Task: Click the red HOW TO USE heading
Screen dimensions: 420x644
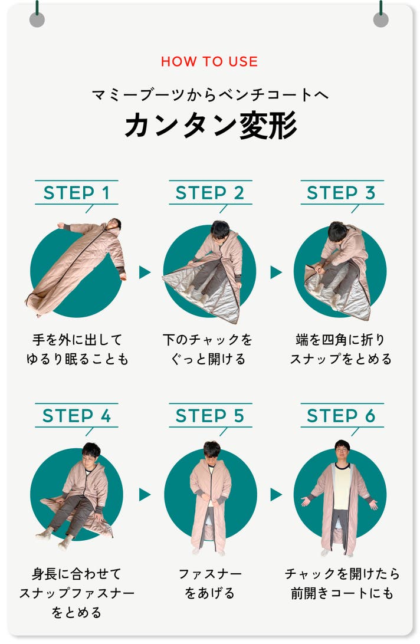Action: [x=209, y=61]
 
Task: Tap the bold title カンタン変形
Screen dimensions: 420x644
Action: [x=211, y=126]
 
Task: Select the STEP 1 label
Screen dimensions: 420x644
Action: [x=77, y=193]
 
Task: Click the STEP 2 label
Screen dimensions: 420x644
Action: [x=210, y=193]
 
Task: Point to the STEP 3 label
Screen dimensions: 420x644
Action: [x=341, y=193]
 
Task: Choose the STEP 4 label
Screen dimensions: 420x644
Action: [x=77, y=416]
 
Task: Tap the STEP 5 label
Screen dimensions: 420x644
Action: [x=210, y=416]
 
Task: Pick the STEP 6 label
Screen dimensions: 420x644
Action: [x=341, y=416]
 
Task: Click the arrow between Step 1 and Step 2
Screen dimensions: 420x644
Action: [x=145, y=272]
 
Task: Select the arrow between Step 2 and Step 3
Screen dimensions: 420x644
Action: [x=275, y=272]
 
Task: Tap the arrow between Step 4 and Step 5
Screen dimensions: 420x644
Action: [x=145, y=494]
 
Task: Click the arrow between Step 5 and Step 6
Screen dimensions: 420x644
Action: [x=275, y=494]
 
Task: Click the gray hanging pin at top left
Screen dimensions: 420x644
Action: [x=37, y=19]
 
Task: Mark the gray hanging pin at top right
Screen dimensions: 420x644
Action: [x=380, y=19]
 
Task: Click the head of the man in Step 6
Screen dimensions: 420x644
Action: [x=342, y=450]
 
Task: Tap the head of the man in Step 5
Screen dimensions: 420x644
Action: [x=212, y=451]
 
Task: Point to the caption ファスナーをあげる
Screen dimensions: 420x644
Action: [x=210, y=583]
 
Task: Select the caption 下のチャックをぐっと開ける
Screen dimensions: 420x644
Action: [x=208, y=349]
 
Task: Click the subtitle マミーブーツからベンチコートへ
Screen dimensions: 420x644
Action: [x=210, y=95]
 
